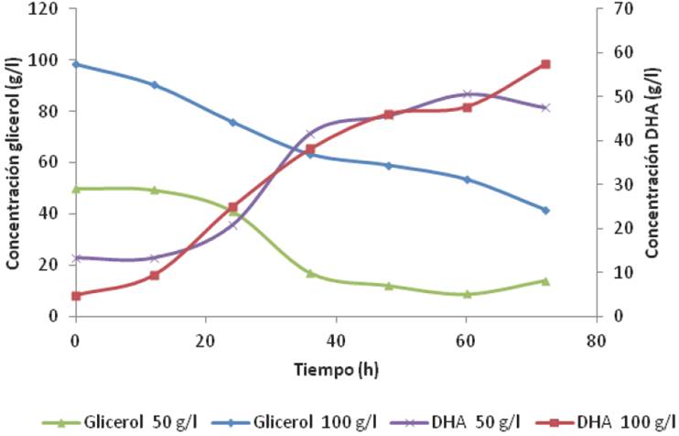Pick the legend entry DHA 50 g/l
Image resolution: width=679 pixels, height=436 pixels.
(448, 421)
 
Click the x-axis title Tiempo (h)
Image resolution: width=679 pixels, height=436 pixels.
(337, 370)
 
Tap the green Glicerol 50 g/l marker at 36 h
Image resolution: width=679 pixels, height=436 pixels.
(310, 273)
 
